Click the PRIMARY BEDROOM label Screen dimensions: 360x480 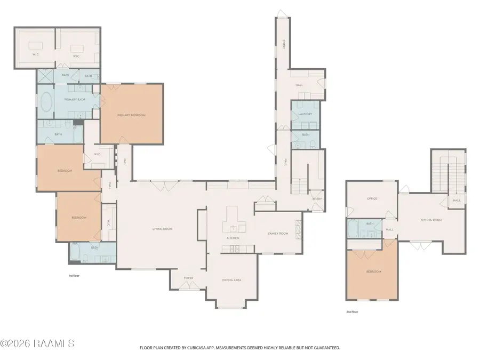(131, 115)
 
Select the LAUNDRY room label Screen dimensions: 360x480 (305, 114)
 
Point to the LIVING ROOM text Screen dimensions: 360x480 (162, 229)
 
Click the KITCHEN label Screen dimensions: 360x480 (233, 237)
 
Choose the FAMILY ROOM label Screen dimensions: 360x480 (277, 234)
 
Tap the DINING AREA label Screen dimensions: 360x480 (231, 279)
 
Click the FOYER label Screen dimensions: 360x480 (188, 278)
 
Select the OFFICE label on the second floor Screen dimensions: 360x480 (372, 198)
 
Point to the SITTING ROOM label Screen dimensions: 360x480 (431, 220)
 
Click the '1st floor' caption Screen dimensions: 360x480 (74, 276)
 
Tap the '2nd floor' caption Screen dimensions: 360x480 (352, 312)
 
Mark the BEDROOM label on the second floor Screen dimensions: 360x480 (373, 271)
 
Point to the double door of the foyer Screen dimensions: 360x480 (188, 287)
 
